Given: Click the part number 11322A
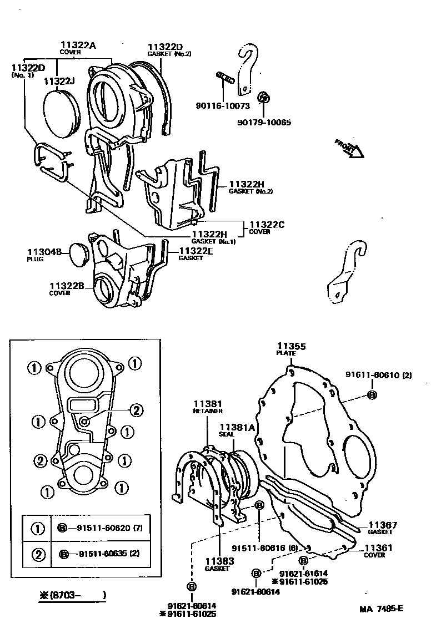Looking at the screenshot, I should click(x=77, y=45).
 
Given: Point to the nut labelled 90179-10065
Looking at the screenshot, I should click(x=265, y=98).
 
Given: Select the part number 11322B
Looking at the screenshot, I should click(x=67, y=286).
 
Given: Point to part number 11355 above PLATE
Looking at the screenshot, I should click(x=292, y=346).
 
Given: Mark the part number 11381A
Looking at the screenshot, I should click(x=237, y=427).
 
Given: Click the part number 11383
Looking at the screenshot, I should click(x=220, y=561).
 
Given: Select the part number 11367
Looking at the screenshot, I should click(x=380, y=525).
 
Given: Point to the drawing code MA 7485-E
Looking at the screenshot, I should click(x=381, y=608).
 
